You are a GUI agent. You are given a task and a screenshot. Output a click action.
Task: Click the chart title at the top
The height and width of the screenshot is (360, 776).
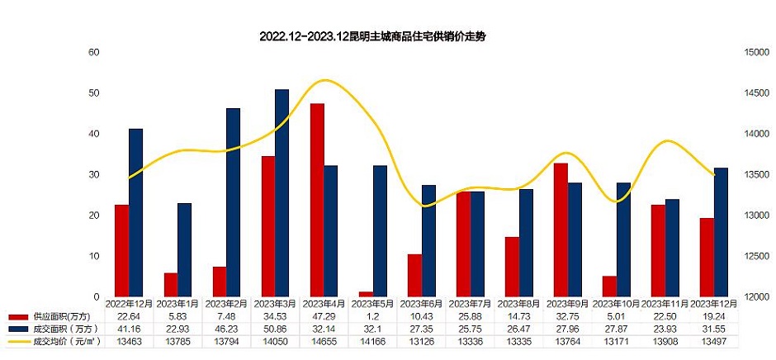tap(368, 37)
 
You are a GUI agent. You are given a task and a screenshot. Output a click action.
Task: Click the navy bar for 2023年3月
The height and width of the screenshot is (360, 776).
tap(282, 192)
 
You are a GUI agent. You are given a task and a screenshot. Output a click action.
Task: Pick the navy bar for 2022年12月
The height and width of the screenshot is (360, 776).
tap(136, 212)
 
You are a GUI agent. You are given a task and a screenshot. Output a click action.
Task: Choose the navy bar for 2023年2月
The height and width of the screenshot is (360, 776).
tap(234, 202)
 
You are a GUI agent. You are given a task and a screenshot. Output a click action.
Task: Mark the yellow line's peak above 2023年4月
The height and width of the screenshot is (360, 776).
tap(324, 80)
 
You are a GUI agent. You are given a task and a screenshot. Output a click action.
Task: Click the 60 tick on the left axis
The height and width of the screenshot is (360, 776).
tap(94, 52)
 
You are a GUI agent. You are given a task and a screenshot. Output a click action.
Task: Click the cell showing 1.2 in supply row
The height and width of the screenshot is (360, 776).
tap(373, 317)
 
